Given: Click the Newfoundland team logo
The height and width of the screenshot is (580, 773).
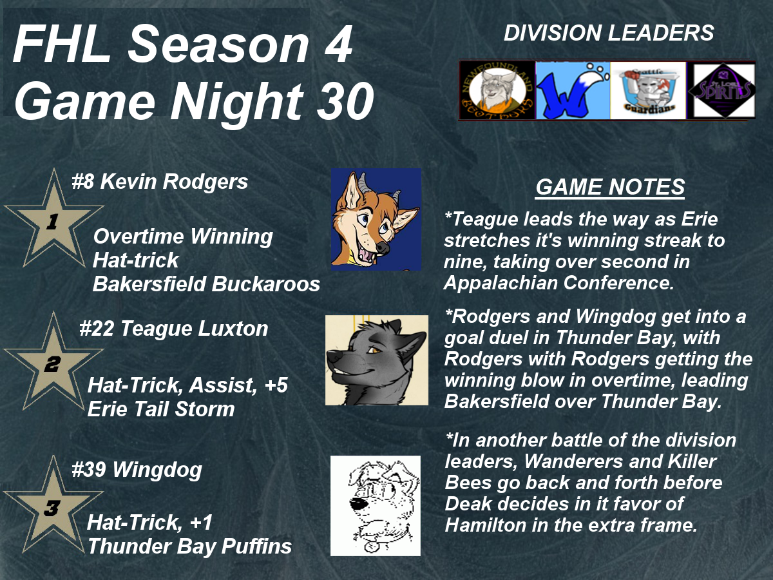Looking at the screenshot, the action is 497,90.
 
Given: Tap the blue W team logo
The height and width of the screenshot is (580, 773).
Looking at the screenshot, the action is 573,90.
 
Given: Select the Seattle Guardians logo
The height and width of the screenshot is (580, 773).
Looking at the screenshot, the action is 648,90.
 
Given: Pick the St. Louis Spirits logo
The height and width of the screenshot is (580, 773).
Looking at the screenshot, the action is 721,90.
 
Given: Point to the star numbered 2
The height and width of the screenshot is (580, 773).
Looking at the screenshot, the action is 53,363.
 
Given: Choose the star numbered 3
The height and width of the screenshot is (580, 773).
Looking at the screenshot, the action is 53,507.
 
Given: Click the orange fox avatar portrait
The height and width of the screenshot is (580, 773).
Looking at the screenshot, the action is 376,219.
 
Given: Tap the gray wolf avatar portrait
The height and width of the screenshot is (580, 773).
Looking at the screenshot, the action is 377,360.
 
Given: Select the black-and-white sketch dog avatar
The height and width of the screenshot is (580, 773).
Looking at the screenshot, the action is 376,506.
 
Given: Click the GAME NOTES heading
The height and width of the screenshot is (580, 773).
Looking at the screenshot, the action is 610,187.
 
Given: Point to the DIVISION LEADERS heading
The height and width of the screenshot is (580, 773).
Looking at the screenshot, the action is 609,33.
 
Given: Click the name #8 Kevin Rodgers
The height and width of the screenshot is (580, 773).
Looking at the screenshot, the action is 160,182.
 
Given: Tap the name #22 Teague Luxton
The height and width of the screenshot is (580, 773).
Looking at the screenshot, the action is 174,329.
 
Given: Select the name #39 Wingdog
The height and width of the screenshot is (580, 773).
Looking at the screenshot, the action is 137,470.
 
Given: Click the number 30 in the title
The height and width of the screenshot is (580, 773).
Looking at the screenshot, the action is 345,101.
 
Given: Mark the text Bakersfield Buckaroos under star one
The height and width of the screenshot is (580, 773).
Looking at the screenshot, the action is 206,284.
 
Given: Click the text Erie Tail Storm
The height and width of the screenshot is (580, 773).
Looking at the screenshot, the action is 161,409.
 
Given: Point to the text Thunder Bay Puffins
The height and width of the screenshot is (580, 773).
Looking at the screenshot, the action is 189,546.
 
